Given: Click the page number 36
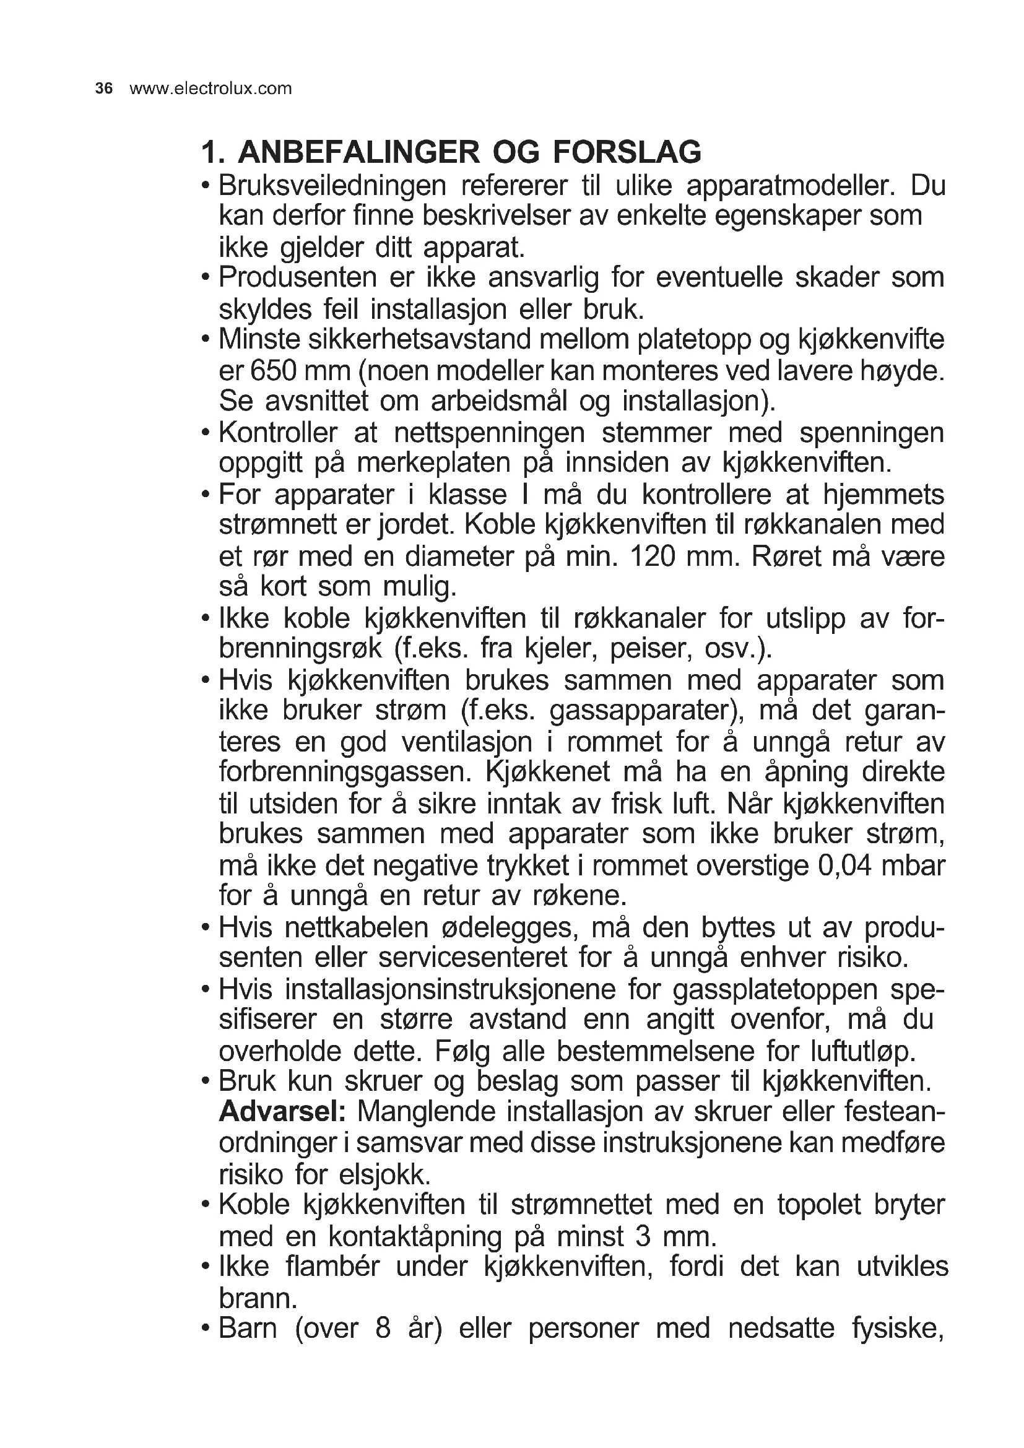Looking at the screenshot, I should click(x=104, y=89).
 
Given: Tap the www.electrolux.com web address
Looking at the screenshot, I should click(x=210, y=89).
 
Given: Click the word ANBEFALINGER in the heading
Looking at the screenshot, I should click(x=357, y=152).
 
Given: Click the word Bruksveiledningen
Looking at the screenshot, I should click(x=332, y=186).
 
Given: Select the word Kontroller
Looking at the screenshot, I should click(x=278, y=433).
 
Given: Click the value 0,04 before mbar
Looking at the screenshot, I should click(x=844, y=865).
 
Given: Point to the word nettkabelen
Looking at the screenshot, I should click(x=355, y=928).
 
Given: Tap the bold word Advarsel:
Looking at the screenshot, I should click(x=282, y=1112).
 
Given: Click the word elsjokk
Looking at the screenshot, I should click(x=384, y=1174).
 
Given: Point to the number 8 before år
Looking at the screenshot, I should click(x=383, y=1328).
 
